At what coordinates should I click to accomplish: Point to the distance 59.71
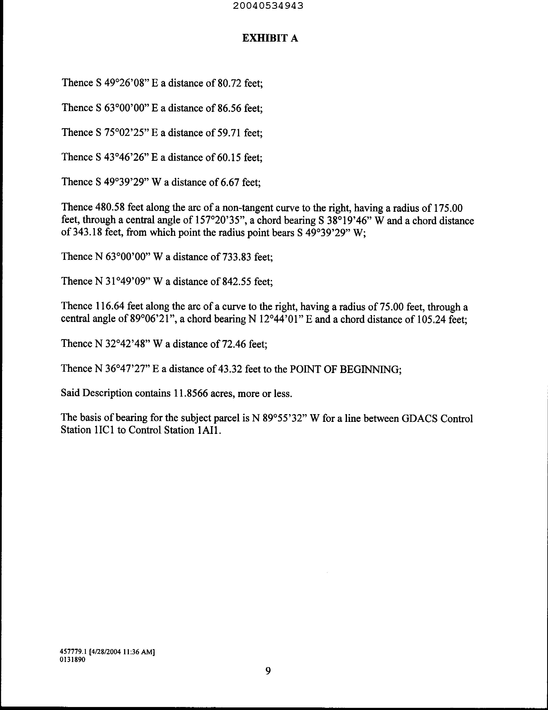pos(229,133)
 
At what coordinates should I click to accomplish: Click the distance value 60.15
pos(229,157)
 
